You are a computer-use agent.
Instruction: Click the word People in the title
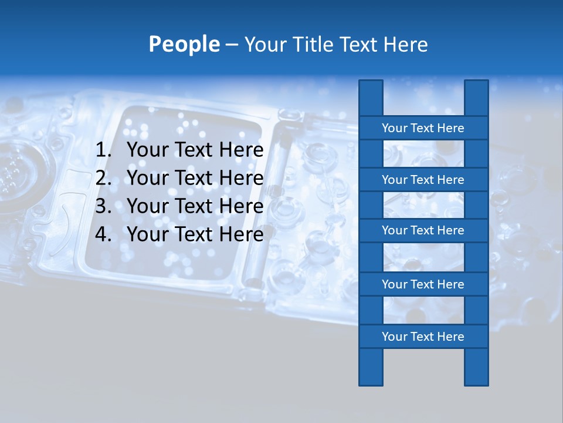point(184,44)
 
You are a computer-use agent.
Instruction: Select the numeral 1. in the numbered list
point(103,150)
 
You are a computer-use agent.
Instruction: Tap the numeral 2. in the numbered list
point(103,178)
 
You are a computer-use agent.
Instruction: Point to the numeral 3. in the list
point(103,206)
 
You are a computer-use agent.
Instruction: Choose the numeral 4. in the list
point(103,234)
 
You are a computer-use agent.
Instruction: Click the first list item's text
point(195,150)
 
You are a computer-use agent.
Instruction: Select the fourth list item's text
point(195,234)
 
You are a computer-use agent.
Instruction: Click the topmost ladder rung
point(423,128)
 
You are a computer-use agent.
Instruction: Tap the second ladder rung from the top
point(423,180)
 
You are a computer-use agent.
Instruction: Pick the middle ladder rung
point(423,230)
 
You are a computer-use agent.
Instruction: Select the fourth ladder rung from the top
point(423,284)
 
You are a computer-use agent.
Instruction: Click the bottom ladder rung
point(423,337)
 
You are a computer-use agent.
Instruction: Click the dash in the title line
point(232,45)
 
